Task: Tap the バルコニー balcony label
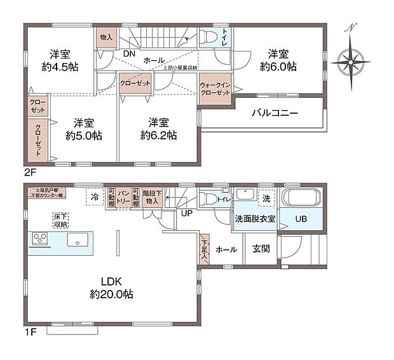[x=275, y=114]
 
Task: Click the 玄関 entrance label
[x=261, y=249]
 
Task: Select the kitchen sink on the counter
[x=79, y=240]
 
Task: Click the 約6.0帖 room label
[x=278, y=59]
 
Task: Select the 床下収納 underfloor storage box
[x=61, y=220]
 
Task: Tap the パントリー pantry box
[x=124, y=197]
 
